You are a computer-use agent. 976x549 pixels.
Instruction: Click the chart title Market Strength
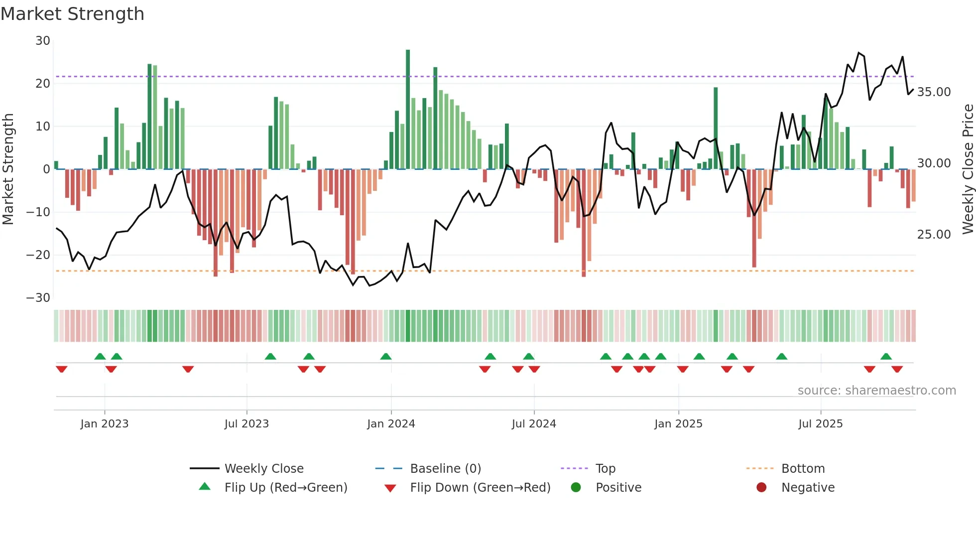tap(72, 14)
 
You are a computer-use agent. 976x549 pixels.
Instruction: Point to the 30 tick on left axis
tap(43, 41)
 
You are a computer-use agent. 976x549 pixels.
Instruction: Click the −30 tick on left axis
tap(38, 298)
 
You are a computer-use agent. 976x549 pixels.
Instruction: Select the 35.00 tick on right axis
tap(934, 92)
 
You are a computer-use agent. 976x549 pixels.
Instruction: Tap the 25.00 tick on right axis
tap(934, 235)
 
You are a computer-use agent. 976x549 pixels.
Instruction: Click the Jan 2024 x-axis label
tap(391, 424)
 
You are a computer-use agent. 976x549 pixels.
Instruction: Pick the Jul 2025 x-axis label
tap(820, 424)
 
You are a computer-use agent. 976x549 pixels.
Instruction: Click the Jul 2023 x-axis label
tap(246, 424)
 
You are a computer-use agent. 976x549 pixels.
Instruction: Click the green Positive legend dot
tap(576, 488)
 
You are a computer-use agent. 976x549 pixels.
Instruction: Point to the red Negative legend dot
tap(761, 488)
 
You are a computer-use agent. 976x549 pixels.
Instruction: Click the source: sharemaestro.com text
tap(876, 391)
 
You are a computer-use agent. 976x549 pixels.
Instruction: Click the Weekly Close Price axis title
tap(968, 169)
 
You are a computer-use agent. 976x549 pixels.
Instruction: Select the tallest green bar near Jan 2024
tap(408, 110)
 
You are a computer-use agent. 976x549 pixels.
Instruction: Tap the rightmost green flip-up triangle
tap(886, 357)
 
